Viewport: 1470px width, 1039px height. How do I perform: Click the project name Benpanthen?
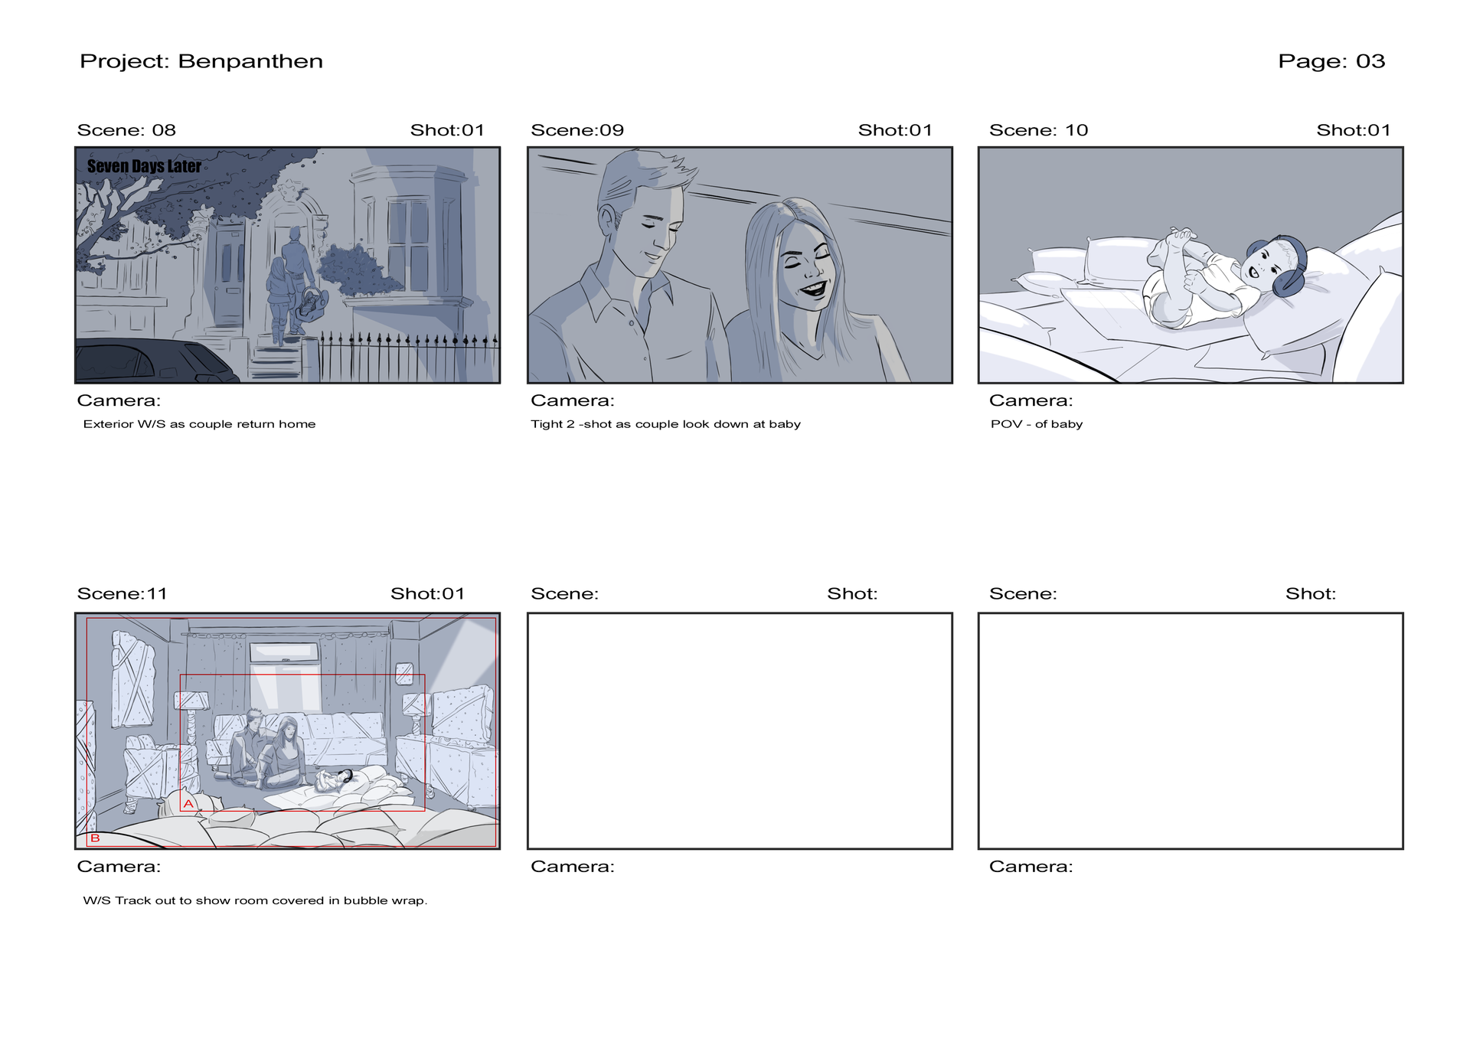[x=250, y=61]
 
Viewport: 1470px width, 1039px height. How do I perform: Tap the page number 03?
[x=1370, y=61]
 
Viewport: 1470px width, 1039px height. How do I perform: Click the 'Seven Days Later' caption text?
[x=144, y=166]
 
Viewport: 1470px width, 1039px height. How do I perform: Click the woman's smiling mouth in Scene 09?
[x=812, y=290]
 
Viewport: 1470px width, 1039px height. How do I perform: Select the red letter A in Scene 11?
[x=188, y=804]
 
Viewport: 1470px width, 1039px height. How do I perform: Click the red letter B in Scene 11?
[x=95, y=838]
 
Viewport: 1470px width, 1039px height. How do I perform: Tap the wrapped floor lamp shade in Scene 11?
[x=191, y=700]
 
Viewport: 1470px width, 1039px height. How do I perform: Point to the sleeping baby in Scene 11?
[x=337, y=781]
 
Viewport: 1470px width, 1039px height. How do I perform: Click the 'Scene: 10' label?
[x=1038, y=130]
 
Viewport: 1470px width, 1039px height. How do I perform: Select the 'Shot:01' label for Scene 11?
[x=427, y=593]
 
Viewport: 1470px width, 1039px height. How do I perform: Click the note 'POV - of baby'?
[x=1037, y=424]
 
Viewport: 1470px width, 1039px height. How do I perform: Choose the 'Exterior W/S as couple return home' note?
[x=199, y=424]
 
